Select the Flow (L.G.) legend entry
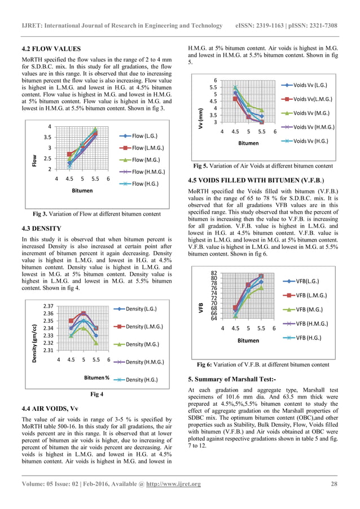144,136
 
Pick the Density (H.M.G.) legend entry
145,361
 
